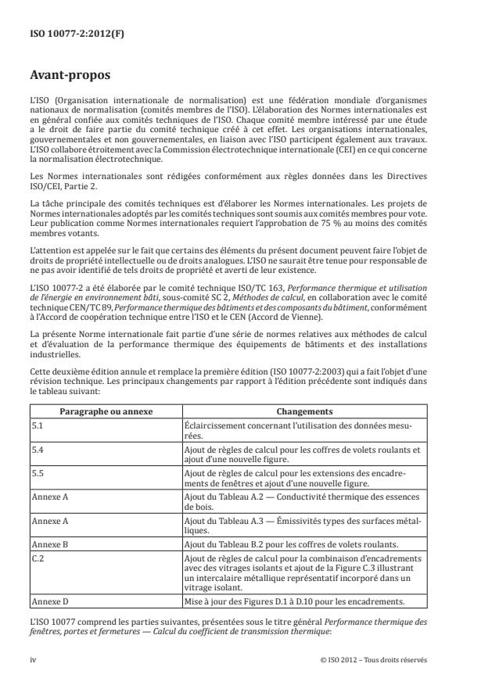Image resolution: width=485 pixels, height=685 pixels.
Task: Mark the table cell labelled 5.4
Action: (x=38, y=450)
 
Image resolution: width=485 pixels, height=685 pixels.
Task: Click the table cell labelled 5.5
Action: (x=38, y=473)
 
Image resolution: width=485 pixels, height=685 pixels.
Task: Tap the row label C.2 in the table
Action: (x=38, y=556)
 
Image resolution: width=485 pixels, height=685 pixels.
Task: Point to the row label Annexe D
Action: (x=48, y=601)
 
